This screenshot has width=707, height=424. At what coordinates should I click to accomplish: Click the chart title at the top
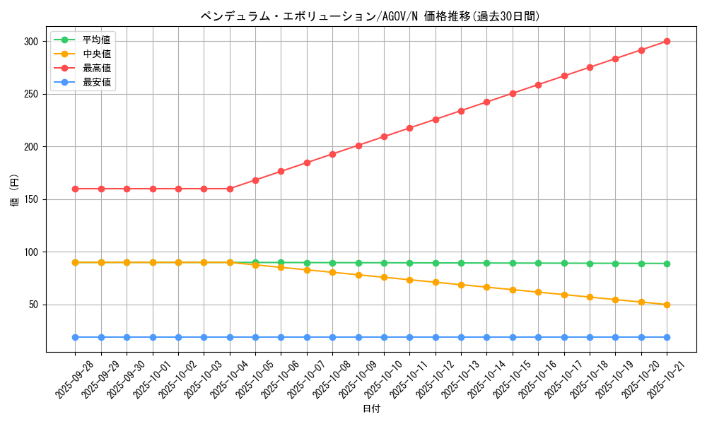coord(370,16)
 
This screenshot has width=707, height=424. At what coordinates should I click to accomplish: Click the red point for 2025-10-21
coord(667,42)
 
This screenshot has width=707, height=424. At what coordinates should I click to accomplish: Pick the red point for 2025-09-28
coord(75,189)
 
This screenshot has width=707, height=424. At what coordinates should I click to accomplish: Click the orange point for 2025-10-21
coord(667,305)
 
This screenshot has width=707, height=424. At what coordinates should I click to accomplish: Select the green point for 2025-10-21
coord(667,264)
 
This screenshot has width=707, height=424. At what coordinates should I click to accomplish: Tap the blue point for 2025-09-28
coord(75,337)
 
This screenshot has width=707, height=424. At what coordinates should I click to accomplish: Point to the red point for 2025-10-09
coord(358,146)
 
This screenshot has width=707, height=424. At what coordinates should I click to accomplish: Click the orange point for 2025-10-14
coord(486,287)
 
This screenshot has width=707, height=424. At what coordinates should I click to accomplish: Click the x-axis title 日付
coord(371,409)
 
